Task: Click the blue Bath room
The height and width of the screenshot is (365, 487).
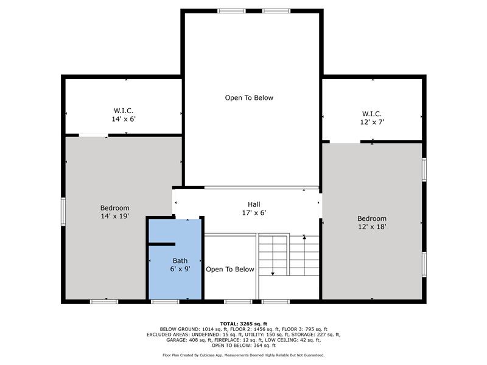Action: pos(175,259)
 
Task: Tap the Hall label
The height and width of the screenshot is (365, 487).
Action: pos(254,204)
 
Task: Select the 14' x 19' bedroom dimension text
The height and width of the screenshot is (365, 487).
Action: pos(114,216)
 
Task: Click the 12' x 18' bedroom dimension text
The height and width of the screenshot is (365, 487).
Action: pos(372,226)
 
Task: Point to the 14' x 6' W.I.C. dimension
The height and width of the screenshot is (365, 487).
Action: pos(124,119)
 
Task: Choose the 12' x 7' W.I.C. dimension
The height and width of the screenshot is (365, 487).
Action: pos(372,122)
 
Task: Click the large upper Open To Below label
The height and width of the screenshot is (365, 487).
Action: pos(249,98)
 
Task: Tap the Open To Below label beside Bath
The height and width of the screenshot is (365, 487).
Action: pos(230,269)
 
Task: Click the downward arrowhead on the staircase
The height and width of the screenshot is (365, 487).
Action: pos(273,274)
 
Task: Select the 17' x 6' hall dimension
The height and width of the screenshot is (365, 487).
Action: pos(254,213)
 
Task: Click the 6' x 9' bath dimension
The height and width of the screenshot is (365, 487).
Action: pos(180,269)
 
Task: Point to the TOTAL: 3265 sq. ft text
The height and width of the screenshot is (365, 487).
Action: pos(243,324)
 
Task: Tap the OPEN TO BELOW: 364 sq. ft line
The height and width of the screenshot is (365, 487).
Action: pos(243,346)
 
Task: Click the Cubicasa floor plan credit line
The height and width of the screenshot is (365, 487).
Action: pos(243,355)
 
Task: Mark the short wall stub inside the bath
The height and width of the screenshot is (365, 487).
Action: pos(162,245)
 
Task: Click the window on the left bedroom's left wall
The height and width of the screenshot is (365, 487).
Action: pos(63,212)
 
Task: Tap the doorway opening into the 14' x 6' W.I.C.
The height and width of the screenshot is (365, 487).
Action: pos(94,135)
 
